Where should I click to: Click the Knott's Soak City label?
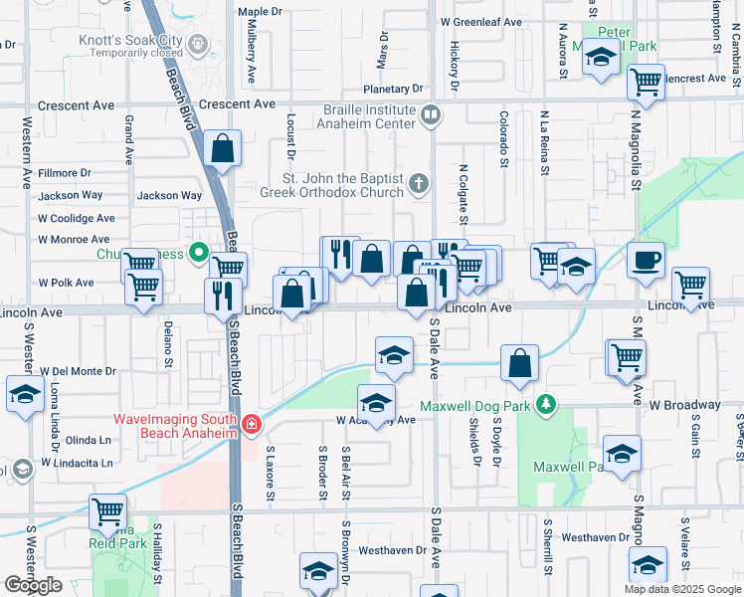click(131, 41)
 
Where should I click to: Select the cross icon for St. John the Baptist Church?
click(420, 183)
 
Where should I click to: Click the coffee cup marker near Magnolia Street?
click(646, 260)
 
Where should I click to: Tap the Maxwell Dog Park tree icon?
click(544, 405)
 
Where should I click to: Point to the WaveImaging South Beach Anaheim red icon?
click(253, 425)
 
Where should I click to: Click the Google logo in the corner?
click(33, 585)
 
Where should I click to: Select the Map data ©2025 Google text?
click(682, 589)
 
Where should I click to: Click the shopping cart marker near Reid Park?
click(108, 512)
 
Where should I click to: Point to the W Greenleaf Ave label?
click(480, 21)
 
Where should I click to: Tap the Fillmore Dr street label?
click(64, 173)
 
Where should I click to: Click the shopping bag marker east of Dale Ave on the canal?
click(520, 364)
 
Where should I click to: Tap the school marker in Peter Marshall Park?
click(602, 59)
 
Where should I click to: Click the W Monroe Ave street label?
click(74, 240)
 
